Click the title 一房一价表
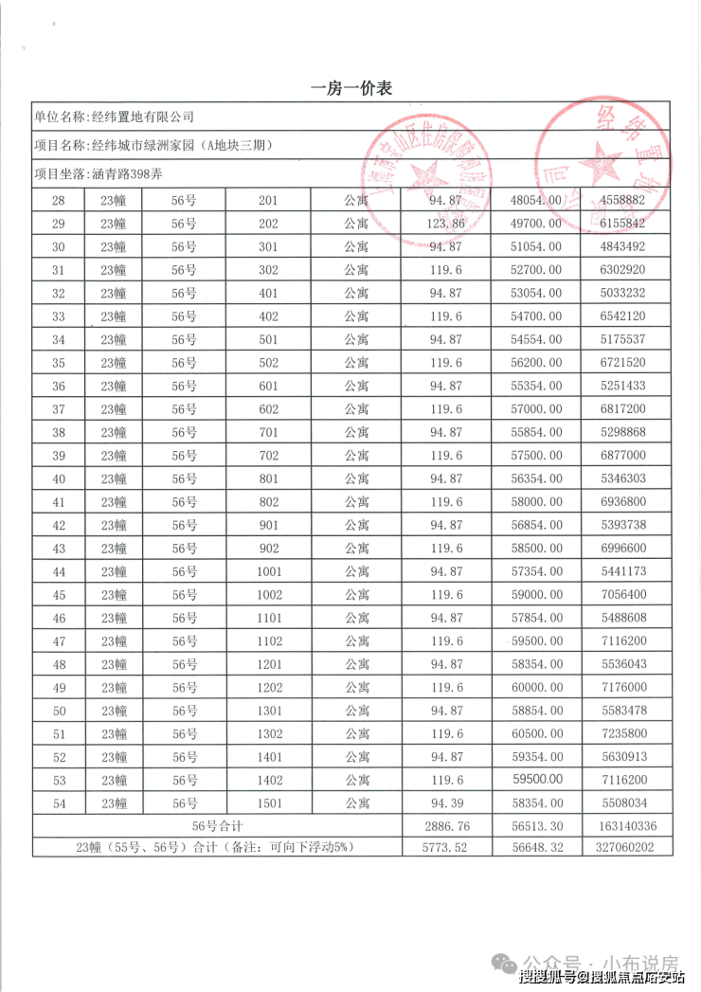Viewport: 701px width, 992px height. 351,88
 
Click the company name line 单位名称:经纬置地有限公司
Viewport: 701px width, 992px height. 114,117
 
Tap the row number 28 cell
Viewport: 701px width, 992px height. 59,200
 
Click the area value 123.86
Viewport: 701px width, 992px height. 446,224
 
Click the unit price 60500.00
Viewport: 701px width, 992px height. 536,733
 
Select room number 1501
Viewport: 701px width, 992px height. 268,803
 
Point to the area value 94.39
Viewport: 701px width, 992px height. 446,803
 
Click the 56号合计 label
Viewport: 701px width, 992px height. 218,826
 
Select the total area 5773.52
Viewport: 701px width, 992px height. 446,848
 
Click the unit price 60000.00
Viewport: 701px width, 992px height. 536,687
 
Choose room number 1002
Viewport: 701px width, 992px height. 268,594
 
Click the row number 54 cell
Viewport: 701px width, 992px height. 59,803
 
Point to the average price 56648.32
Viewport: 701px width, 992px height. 536,848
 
